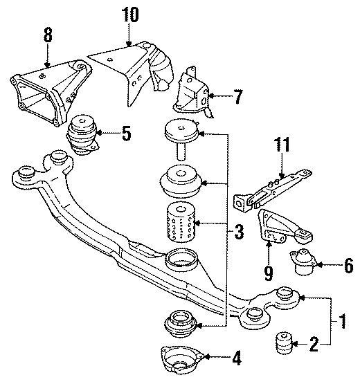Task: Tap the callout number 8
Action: coord(47,33)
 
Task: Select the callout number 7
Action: coord(237,98)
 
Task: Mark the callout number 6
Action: coord(348,264)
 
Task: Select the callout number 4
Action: coord(236,359)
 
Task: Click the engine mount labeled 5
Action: coord(82,131)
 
